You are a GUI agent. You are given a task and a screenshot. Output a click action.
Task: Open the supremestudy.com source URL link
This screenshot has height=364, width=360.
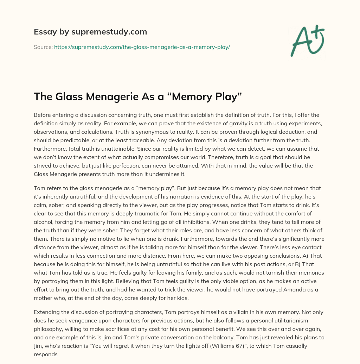click(x=142, y=47)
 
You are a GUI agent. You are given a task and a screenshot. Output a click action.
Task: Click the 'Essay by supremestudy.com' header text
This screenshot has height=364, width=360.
click(x=90, y=32)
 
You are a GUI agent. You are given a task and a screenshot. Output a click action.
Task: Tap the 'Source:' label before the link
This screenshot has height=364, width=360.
click(x=43, y=47)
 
